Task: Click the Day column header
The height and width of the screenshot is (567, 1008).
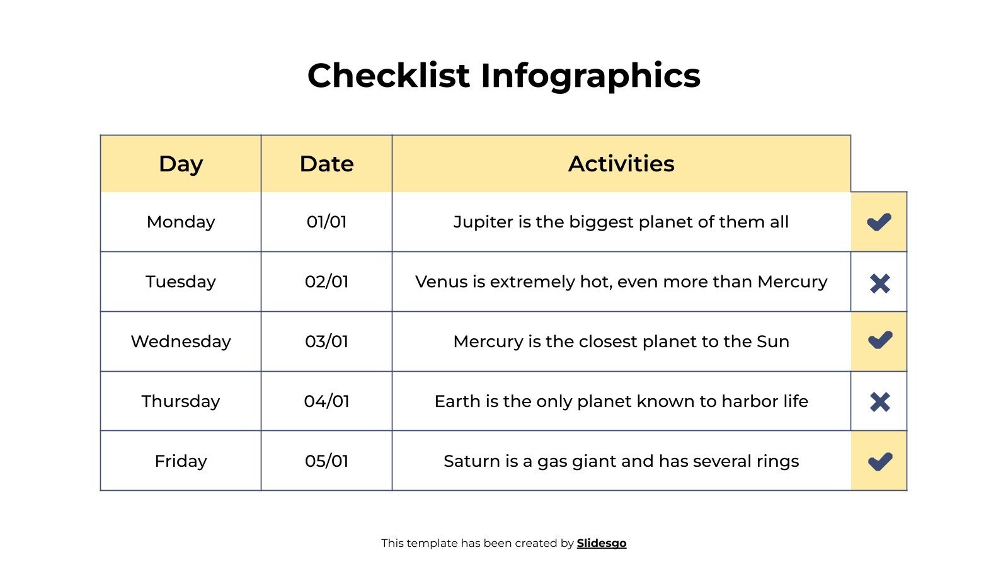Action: pyautogui.click(x=181, y=164)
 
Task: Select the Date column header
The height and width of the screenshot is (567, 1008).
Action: pyautogui.click(x=326, y=164)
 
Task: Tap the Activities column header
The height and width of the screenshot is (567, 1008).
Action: pyautogui.click(x=621, y=164)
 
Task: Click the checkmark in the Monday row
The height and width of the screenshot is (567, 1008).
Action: pyautogui.click(x=879, y=222)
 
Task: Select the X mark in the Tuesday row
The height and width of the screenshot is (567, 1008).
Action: pyautogui.click(x=879, y=283)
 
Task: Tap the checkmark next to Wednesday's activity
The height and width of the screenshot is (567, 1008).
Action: pyautogui.click(x=879, y=340)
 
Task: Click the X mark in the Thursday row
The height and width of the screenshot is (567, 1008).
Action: pyautogui.click(x=879, y=402)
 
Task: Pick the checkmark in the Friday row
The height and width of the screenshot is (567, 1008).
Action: pyautogui.click(x=879, y=461)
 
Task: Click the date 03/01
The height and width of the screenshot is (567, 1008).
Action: pyautogui.click(x=326, y=341)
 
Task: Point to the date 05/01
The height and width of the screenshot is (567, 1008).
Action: pyautogui.click(x=326, y=461)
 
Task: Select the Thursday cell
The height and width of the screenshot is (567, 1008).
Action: pyautogui.click(x=181, y=401)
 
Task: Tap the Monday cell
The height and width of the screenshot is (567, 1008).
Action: pyautogui.click(x=181, y=222)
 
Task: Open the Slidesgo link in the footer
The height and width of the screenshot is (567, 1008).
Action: pyautogui.click(x=601, y=543)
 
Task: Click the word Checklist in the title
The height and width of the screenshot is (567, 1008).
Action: pyautogui.click(x=388, y=76)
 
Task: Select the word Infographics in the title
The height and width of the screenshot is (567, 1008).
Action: pyautogui.click(x=590, y=76)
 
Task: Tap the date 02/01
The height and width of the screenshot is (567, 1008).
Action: pyautogui.click(x=326, y=282)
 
